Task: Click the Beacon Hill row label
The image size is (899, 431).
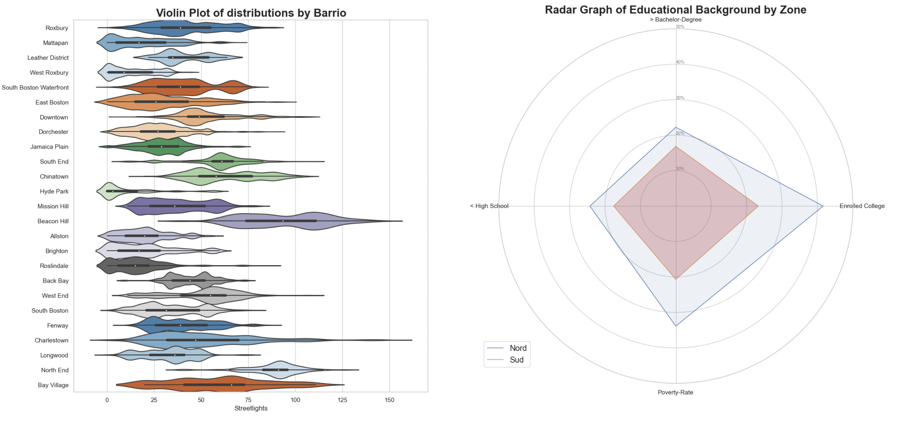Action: click(x=53, y=221)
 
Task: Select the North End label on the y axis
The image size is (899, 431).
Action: click(x=55, y=370)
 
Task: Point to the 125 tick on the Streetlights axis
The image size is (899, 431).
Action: click(x=342, y=400)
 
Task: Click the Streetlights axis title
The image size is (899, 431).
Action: click(x=251, y=408)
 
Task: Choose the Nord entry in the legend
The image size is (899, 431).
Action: click(x=518, y=348)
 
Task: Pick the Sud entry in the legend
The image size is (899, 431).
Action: click(x=517, y=360)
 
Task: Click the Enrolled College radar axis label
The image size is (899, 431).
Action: click(x=862, y=206)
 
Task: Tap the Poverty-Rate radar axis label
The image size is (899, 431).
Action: click(x=675, y=392)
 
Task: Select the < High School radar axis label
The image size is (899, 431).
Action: click(x=489, y=206)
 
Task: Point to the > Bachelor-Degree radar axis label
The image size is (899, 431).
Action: click(x=675, y=19)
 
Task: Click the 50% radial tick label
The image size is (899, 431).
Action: click(x=680, y=27)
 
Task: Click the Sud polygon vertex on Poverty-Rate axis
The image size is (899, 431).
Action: click(x=676, y=279)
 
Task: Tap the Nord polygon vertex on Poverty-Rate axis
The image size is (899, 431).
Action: click(x=676, y=326)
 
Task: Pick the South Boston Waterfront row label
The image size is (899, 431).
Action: click(x=35, y=87)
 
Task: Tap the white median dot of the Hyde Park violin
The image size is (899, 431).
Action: click(x=113, y=191)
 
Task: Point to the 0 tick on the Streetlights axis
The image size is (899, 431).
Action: click(x=107, y=400)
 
